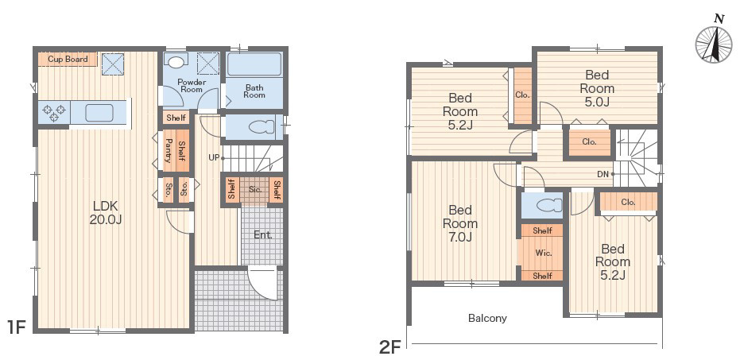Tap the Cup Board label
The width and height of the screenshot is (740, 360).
coord(68,60)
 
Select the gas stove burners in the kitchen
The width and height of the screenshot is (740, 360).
coord(54,113)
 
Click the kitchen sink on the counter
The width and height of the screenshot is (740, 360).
coord(99,113)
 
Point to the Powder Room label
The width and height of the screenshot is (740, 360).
coord(192,85)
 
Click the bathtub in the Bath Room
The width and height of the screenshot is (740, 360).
coord(254,64)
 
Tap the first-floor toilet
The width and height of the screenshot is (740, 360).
coord(261,127)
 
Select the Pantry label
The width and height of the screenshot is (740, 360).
coord(168,150)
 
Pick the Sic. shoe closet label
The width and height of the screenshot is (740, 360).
coord(255,190)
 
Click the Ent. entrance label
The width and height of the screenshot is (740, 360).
coord(263,234)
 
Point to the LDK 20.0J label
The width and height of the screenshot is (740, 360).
coord(105,212)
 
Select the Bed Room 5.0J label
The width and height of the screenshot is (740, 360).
coord(597,88)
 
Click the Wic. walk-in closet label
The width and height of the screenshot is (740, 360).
coord(543,253)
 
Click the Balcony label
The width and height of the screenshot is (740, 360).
coord(487,318)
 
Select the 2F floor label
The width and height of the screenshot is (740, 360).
coord(390,348)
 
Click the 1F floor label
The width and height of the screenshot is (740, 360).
coord(16,326)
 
